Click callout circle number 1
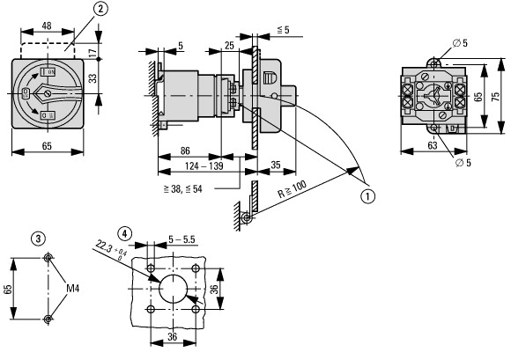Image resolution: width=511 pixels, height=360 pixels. coord(367,196)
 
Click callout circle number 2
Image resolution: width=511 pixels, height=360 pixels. coord(100,9)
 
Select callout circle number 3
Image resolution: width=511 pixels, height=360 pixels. coord(38,239)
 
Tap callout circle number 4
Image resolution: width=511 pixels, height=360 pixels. coord(125,233)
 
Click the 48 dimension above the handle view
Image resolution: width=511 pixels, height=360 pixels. coord(47,26)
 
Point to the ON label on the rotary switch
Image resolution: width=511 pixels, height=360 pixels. coord(51,72)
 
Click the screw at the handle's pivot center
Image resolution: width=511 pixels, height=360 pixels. coord(48,94)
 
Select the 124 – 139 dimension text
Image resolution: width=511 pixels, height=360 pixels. coord(204,166)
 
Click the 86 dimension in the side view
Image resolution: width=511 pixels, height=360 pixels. coord(185,151)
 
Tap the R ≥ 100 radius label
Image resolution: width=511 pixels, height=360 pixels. coord(292,189)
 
